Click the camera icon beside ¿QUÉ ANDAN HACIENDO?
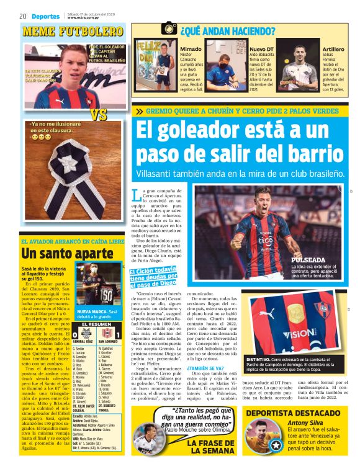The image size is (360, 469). (x=169, y=28)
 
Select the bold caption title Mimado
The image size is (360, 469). (x=190, y=48)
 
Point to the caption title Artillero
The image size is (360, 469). (x=333, y=48)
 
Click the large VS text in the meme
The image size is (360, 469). (x=98, y=115)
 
